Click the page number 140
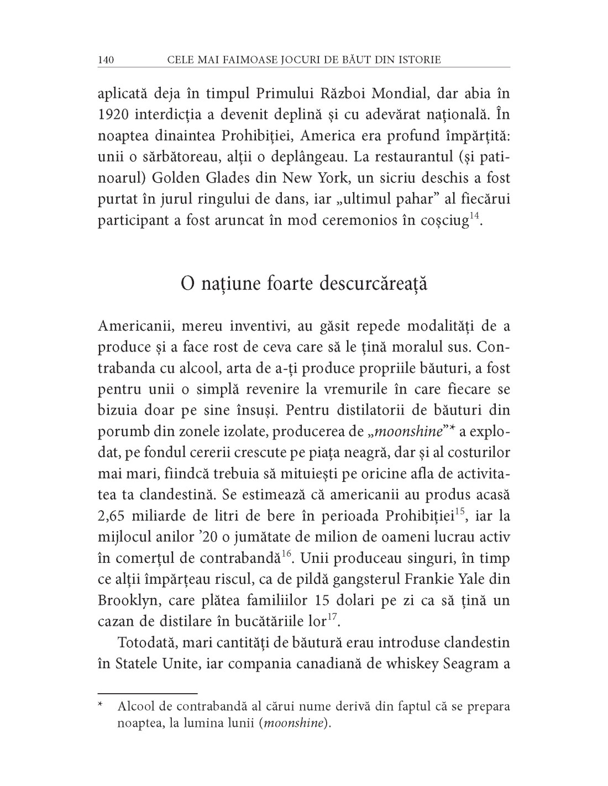(x=106, y=59)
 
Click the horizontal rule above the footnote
(x=148, y=692)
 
